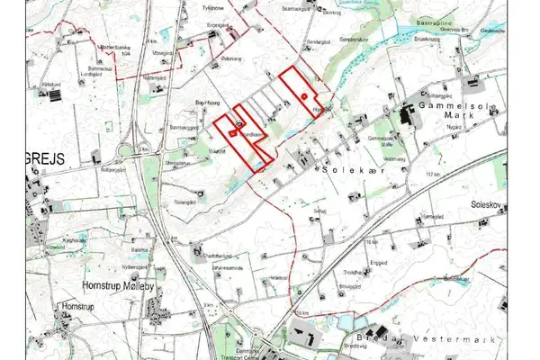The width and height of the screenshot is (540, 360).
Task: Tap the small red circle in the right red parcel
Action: pyautogui.click(x=306, y=95)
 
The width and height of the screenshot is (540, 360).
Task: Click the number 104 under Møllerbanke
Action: pyautogui.click(x=127, y=55)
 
